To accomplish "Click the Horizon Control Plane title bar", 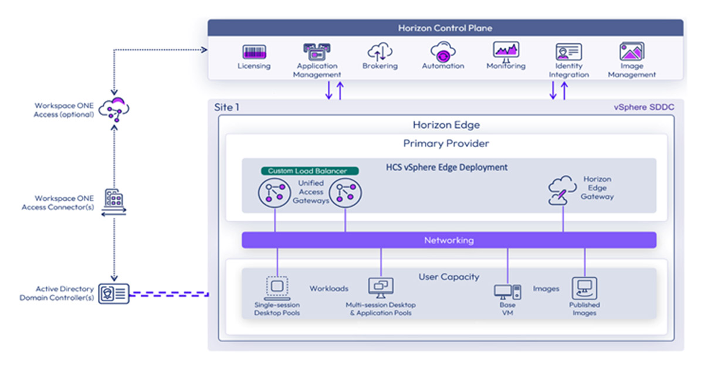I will click(x=445, y=28).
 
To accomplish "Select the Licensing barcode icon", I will click(x=254, y=52).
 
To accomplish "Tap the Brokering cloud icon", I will click(x=380, y=52).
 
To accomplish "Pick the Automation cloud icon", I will click(x=443, y=52).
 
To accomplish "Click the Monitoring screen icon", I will click(x=506, y=50).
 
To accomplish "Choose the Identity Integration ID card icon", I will click(x=568, y=52).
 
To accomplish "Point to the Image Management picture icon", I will click(x=632, y=52).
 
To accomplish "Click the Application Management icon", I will click(x=318, y=52).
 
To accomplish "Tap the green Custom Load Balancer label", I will click(x=310, y=171).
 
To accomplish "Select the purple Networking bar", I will click(x=449, y=240).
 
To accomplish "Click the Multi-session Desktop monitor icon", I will click(x=381, y=287).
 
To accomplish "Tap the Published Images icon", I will click(x=584, y=288).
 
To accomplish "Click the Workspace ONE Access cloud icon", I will click(x=114, y=108).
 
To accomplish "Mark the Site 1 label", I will click(x=227, y=107).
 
